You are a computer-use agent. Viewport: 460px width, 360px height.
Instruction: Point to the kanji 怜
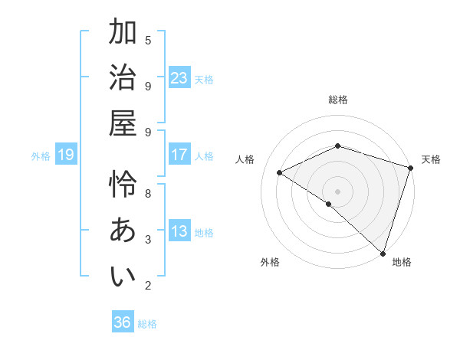[123, 185]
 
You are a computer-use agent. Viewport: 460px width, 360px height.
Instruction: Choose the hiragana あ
[123, 231]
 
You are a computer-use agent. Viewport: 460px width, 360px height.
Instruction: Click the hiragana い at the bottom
[123, 277]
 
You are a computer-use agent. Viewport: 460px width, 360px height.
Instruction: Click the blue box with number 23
[179, 78]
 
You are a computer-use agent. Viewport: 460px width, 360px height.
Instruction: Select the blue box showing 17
[179, 155]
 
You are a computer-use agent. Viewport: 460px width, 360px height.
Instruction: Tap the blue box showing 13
[179, 231]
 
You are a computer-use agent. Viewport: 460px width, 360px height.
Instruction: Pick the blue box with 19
[66, 155]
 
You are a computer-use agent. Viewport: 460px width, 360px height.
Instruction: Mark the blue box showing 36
[123, 322]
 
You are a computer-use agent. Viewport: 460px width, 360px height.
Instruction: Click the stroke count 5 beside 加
[148, 40]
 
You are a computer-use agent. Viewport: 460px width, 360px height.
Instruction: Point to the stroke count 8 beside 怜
[148, 193]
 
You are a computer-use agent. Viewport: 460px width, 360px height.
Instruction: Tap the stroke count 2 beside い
[148, 286]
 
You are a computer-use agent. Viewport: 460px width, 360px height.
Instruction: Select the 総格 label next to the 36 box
[147, 324]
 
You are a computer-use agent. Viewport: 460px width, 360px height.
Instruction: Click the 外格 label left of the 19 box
[41, 156]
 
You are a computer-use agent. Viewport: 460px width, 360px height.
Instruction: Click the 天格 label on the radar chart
[432, 159]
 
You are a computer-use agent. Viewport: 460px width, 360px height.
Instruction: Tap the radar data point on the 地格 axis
[383, 252]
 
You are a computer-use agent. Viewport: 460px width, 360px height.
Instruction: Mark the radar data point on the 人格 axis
[280, 173]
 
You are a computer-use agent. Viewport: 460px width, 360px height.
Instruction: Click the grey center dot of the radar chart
[337, 191]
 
